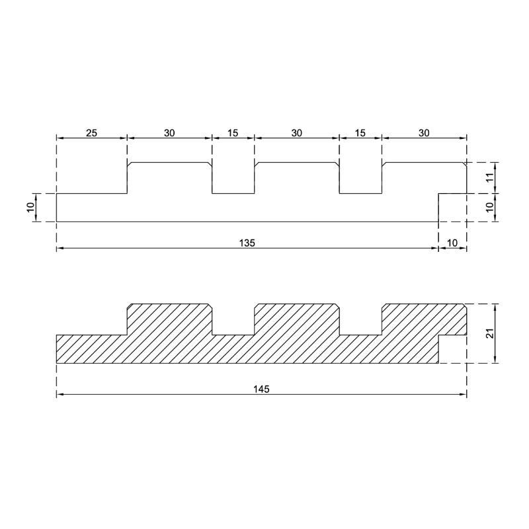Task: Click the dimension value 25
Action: pos(91,133)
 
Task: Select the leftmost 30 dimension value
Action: pos(169,133)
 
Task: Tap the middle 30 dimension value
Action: pos(296,133)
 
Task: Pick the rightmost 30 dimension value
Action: pos(424,133)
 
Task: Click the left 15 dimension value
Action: pos(233,133)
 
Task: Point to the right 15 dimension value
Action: pos(360,133)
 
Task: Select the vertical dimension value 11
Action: pos(491,177)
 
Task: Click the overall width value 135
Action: pos(247,243)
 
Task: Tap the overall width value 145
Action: pos(261,389)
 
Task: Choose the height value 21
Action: pos(491,333)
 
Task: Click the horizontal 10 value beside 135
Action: pos(452,243)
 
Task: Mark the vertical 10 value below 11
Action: pos(491,207)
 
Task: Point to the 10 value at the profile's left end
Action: pos(30,207)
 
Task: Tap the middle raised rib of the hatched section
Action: pos(296,319)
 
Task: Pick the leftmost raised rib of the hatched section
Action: pos(169,319)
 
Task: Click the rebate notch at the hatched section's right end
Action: pos(452,349)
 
